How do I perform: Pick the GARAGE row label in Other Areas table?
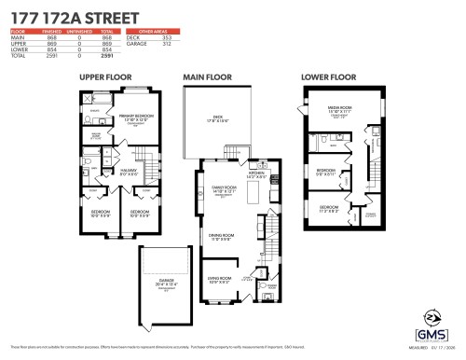click(144, 44)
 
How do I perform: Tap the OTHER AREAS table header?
click(156, 32)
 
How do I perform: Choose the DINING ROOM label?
click(222, 235)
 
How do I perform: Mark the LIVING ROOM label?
click(221, 278)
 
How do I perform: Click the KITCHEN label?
click(257, 173)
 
